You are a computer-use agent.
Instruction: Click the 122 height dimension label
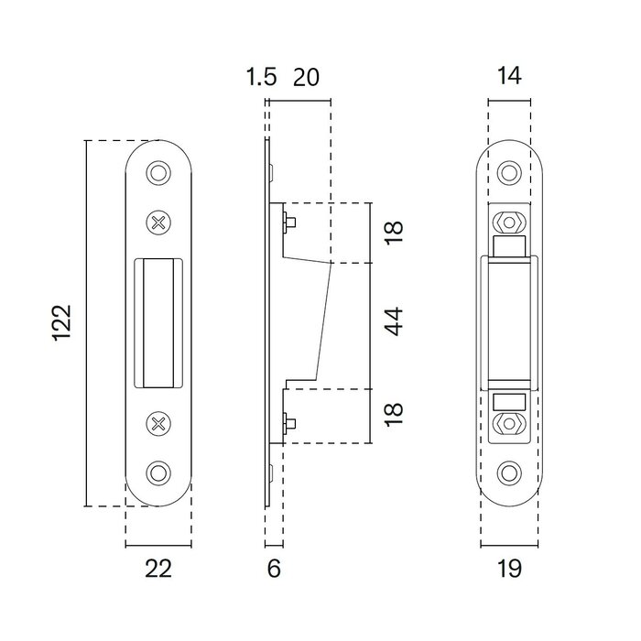tap(61, 323)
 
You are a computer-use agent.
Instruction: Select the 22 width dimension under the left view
tap(158, 569)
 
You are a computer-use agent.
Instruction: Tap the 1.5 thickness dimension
tap(261, 77)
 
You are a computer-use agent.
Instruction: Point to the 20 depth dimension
tap(305, 77)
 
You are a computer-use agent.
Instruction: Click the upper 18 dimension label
tap(394, 233)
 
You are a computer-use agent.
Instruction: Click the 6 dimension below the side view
tap(273, 569)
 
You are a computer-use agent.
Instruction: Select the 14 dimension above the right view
tap(510, 77)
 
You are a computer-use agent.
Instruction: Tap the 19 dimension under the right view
tap(510, 569)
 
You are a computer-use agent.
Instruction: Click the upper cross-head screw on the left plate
tap(158, 221)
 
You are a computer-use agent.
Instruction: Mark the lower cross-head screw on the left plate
tap(158, 422)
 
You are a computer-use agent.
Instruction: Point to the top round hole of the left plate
tap(158, 172)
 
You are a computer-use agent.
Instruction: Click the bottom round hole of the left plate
tap(158, 473)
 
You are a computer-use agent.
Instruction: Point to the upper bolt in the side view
tap(288, 221)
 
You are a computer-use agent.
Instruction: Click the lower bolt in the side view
tap(288, 423)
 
